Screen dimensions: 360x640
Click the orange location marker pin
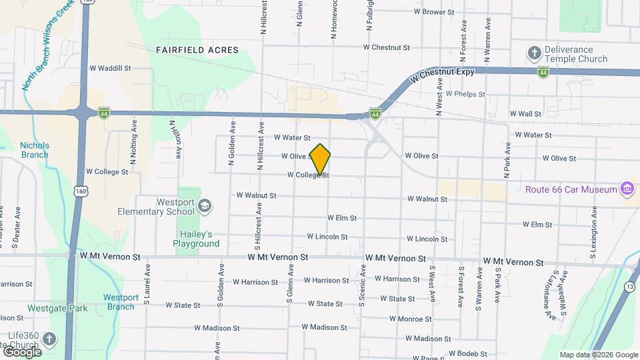[x=321, y=159]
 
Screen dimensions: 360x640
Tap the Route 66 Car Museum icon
[x=627, y=189]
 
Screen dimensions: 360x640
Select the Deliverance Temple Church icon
[x=534, y=53]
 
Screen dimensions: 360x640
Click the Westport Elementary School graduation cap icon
[x=206, y=207]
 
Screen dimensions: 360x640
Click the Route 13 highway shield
[x=629, y=287]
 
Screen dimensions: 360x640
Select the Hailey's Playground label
[x=199, y=239]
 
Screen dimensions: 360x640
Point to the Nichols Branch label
[x=34, y=150]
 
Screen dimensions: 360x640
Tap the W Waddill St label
[x=110, y=68]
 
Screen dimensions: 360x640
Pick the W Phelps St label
[x=465, y=94]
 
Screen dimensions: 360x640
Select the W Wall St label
[x=525, y=114]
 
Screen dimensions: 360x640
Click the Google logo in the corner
[x=23, y=351]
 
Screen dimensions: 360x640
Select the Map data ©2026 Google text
[x=598, y=355]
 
